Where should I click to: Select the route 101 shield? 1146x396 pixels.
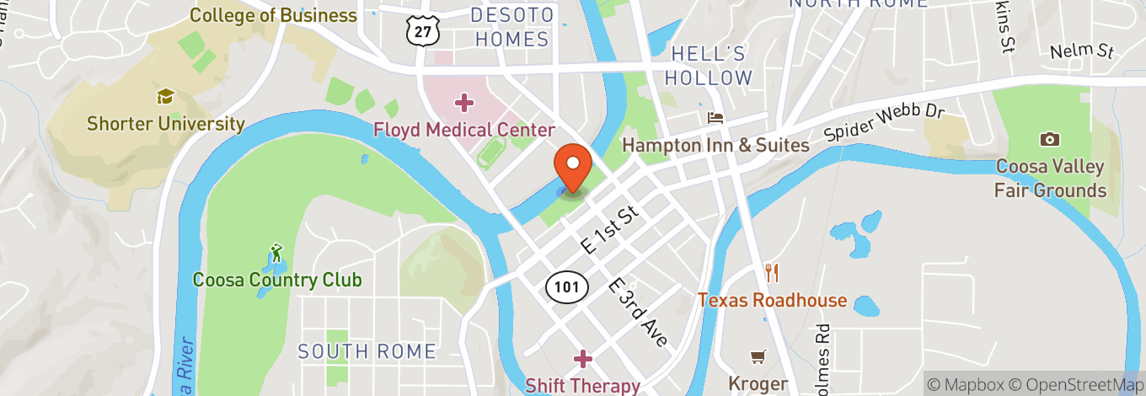(x=566, y=286)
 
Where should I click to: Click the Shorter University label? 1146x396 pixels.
(x=166, y=125)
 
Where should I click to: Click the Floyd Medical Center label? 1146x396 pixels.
(x=464, y=130)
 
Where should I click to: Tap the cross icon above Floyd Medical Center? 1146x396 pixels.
(x=463, y=104)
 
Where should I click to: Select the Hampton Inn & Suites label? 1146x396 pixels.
(x=715, y=145)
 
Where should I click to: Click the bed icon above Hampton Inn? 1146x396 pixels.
(x=715, y=118)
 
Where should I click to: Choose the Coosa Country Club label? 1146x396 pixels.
(x=277, y=280)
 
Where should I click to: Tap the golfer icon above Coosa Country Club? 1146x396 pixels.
(x=276, y=252)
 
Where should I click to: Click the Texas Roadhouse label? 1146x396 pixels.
(x=773, y=300)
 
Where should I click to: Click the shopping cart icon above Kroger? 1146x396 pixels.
(x=758, y=357)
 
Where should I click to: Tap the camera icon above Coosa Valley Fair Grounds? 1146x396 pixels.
(x=1050, y=139)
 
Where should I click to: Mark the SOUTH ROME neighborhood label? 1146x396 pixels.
(x=367, y=351)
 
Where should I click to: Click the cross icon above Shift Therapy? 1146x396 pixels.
(x=582, y=360)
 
